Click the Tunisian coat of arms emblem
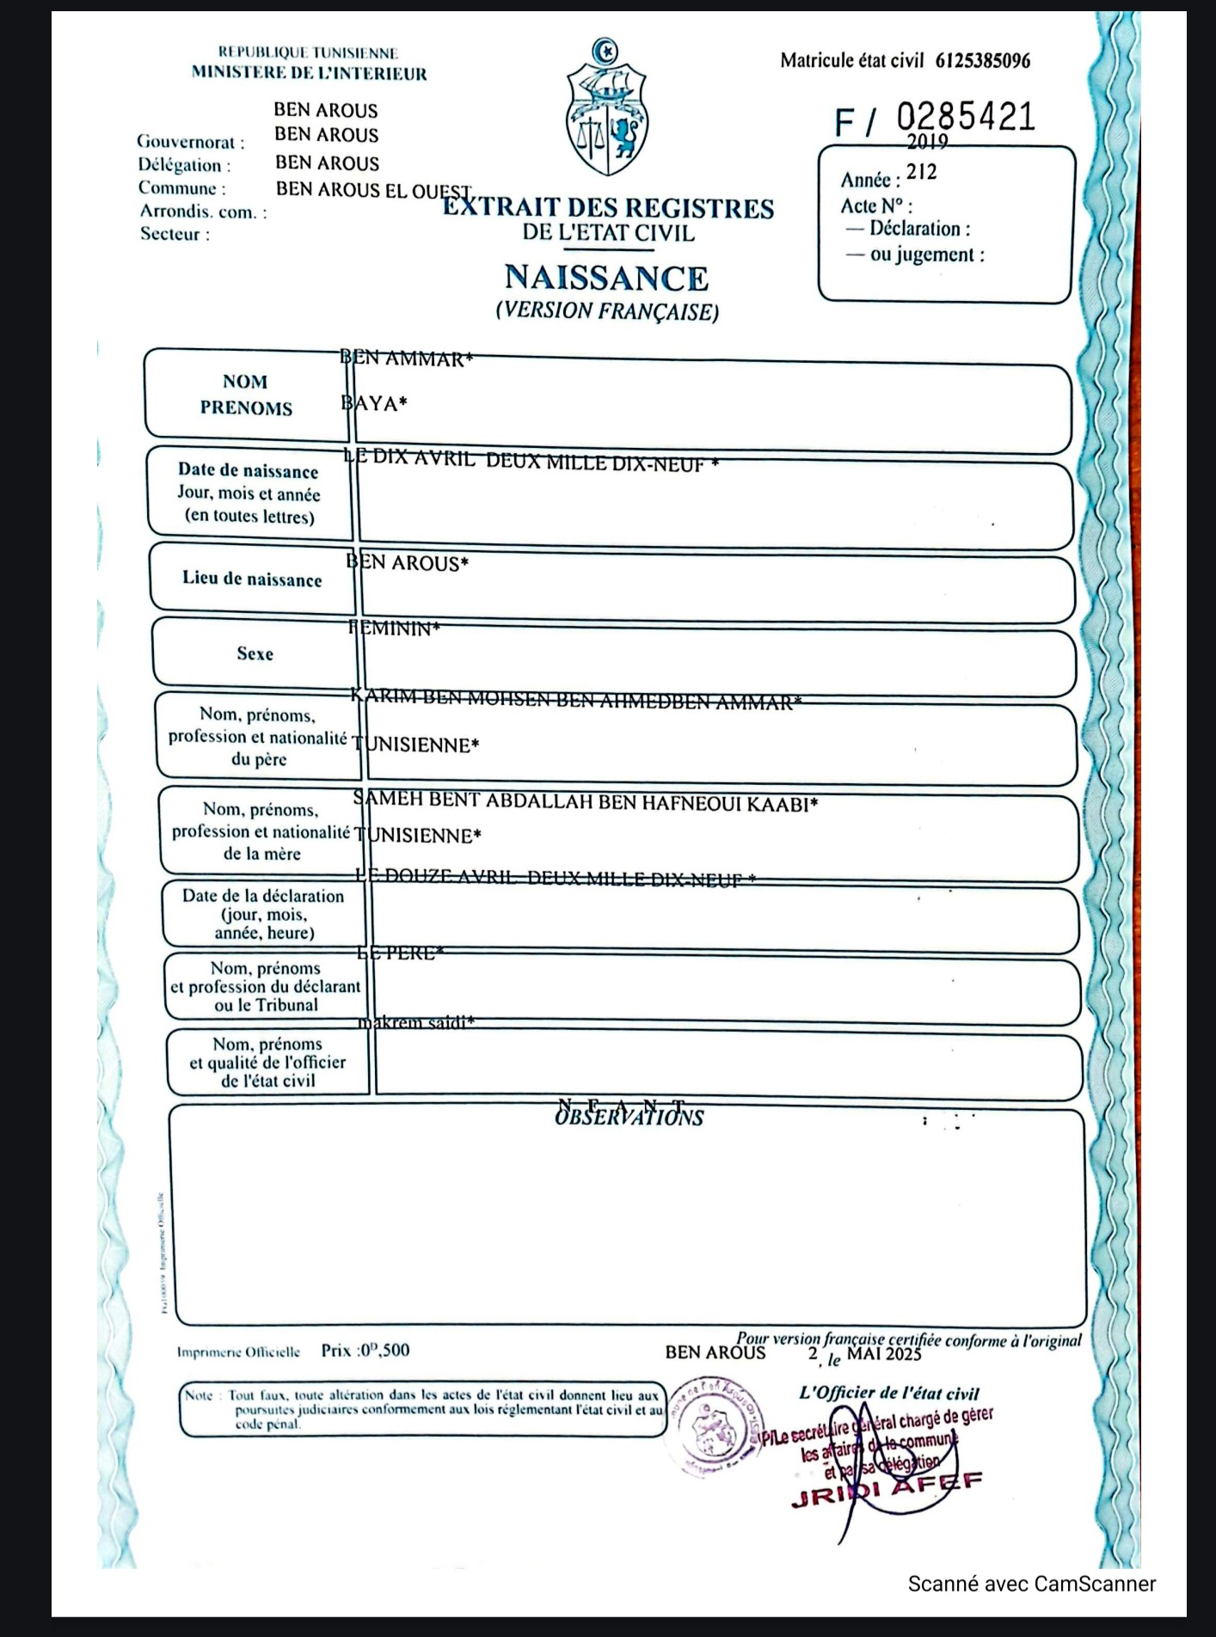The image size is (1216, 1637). pyautogui.click(x=607, y=108)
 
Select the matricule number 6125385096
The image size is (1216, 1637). pyautogui.click(x=982, y=61)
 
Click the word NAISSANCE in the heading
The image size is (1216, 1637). pyautogui.click(x=606, y=278)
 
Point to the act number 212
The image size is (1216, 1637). pyautogui.click(x=921, y=172)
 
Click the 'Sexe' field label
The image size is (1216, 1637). pyautogui.click(x=255, y=653)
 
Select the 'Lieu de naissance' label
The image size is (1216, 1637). pyautogui.click(x=252, y=579)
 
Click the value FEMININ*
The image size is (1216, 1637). pyautogui.click(x=395, y=628)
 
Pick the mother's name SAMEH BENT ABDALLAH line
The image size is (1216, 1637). pyautogui.click(x=586, y=803)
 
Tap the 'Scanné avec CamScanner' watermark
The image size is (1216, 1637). pyautogui.click(x=1031, y=1584)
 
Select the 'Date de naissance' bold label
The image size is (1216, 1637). pyautogui.click(x=248, y=470)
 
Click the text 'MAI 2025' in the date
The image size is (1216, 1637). pyautogui.click(x=884, y=1355)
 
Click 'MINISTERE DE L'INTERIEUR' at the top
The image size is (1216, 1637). pyautogui.click(x=309, y=74)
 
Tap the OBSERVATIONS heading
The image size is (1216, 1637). pyautogui.click(x=629, y=1117)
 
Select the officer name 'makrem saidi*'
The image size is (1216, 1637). pyautogui.click(x=416, y=1023)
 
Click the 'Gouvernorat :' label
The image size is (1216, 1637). pyautogui.click(x=190, y=143)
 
